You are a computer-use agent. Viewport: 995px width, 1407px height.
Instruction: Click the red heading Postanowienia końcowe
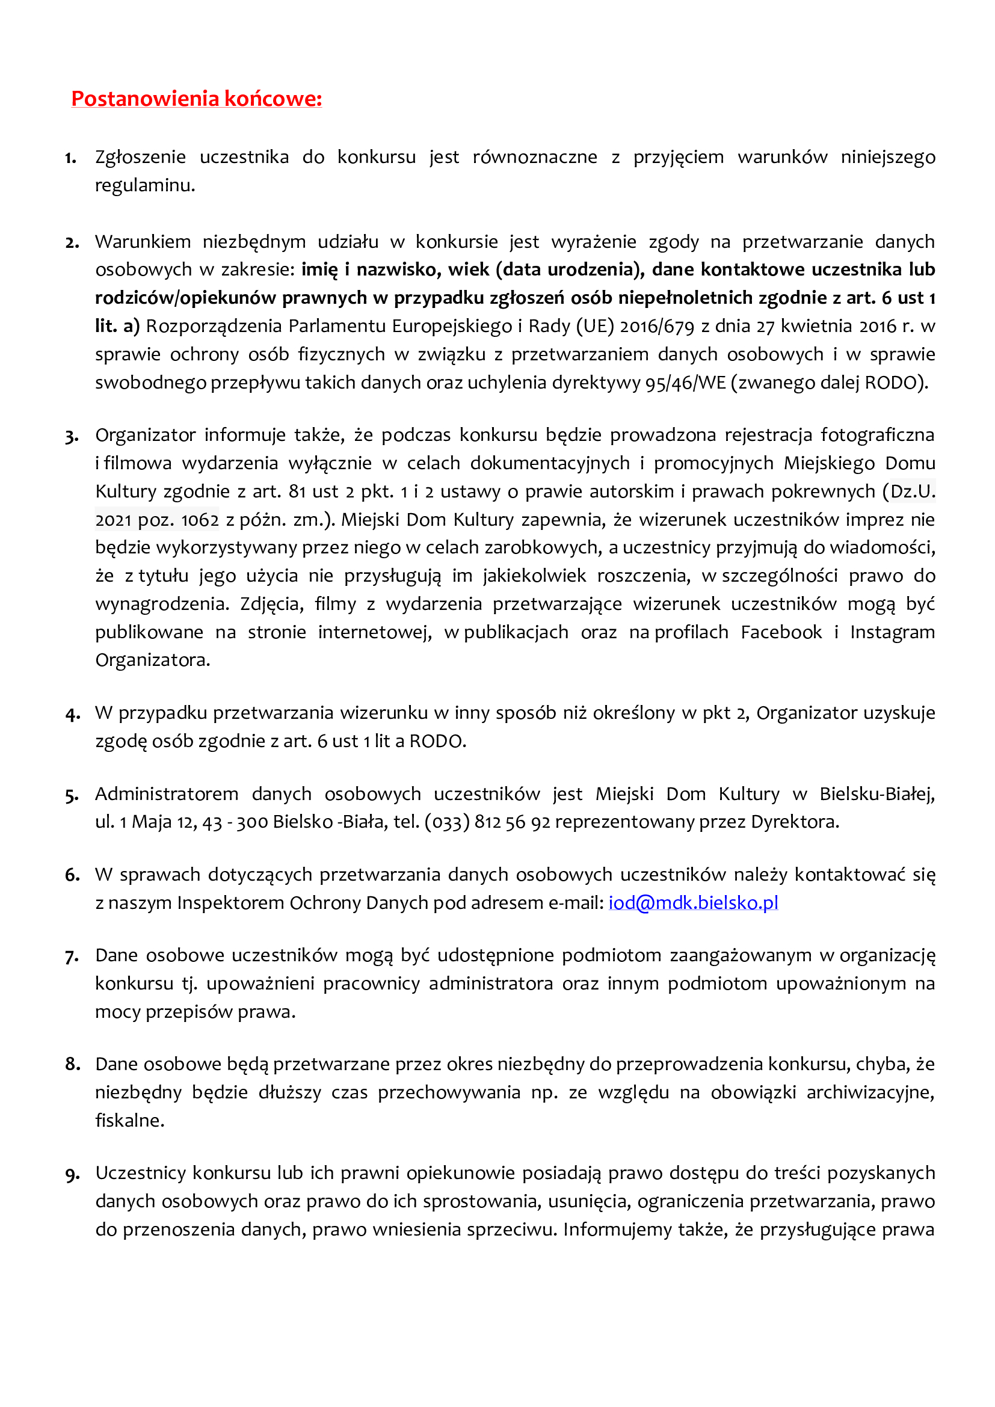click(x=197, y=99)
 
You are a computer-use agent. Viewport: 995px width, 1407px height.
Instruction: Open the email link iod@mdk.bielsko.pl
click(x=693, y=903)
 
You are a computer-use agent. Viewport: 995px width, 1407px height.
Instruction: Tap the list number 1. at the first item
click(x=71, y=158)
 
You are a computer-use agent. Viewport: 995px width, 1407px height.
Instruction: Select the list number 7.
click(x=72, y=956)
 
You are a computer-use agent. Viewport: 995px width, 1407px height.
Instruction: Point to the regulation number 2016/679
click(x=657, y=326)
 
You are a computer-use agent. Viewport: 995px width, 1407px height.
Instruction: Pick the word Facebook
click(x=781, y=632)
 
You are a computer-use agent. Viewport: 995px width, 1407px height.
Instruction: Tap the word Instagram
click(x=892, y=632)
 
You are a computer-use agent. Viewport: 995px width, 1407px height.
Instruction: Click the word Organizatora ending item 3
click(x=153, y=660)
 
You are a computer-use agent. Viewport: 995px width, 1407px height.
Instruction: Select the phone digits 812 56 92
click(x=512, y=822)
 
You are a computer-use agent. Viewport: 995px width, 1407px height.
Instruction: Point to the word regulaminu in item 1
click(x=144, y=185)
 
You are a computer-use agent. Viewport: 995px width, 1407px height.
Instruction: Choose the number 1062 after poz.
click(x=200, y=520)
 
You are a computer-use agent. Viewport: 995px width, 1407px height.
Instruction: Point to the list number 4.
click(x=72, y=715)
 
